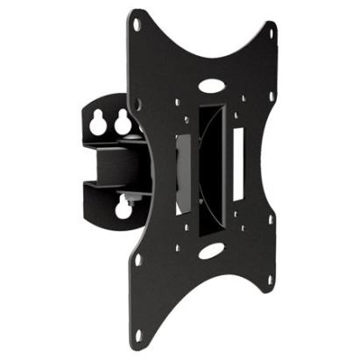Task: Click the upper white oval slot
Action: pos(212,88)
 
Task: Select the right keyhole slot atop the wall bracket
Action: pos(119,124)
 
